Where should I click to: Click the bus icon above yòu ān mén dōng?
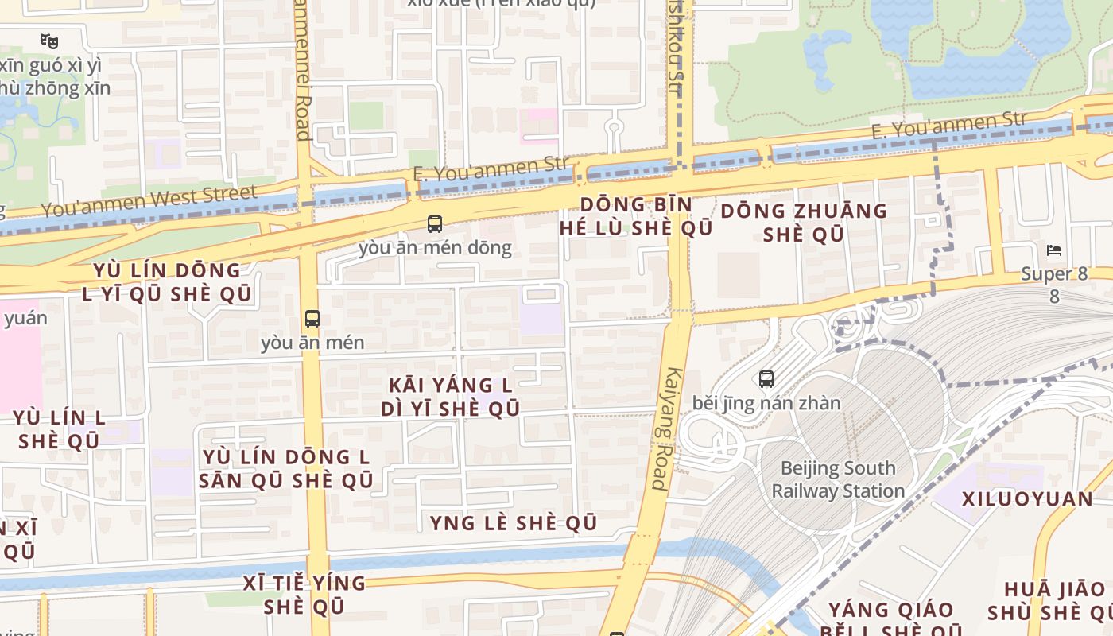tap(434, 224)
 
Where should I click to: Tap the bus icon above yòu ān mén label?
tap(312, 319)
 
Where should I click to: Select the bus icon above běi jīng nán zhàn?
tap(766, 379)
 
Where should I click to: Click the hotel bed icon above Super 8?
tap(1054, 250)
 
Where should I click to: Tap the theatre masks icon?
tap(49, 40)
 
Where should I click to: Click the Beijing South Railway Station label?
tap(838, 479)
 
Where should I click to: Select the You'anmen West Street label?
tap(149, 200)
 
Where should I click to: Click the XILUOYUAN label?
tap(1027, 499)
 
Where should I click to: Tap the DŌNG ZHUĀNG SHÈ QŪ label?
tap(804, 223)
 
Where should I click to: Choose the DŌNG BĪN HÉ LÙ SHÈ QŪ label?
tap(635, 216)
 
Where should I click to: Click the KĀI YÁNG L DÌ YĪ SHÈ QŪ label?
tap(450, 397)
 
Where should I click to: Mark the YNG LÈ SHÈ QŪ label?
tap(513, 523)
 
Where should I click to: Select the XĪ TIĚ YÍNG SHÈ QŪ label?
tap(304, 594)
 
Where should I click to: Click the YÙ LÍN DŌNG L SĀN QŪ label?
tap(286, 469)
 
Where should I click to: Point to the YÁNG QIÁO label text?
tap(891, 610)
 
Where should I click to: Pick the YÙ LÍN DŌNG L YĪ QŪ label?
tap(167, 281)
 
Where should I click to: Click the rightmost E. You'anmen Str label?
tap(949, 125)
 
